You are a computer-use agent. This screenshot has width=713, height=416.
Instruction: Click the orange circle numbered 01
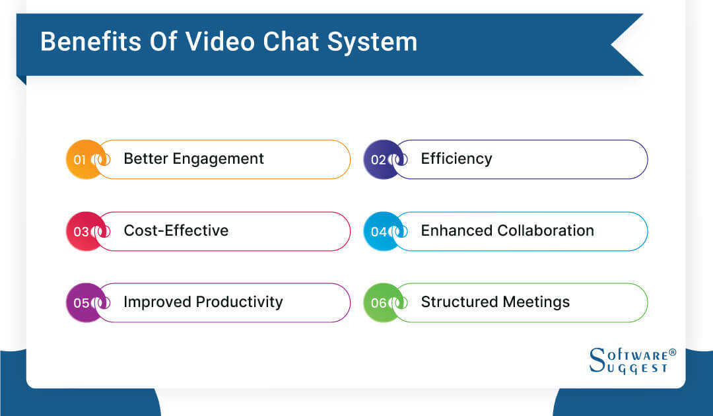[82, 159]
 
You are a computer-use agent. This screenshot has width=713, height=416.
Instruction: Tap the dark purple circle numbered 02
[380, 159]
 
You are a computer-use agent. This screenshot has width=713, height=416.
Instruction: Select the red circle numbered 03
[82, 231]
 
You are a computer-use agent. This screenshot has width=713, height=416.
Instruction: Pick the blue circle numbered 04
[380, 231]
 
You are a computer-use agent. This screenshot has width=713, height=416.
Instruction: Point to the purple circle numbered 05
[82, 302]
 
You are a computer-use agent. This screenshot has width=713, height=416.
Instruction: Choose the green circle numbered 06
[380, 302]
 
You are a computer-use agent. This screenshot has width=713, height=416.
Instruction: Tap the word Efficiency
[456, 159]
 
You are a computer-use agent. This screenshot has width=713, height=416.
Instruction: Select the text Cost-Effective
[176, 230]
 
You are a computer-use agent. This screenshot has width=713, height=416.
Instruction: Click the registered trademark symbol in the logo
[673, 352]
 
